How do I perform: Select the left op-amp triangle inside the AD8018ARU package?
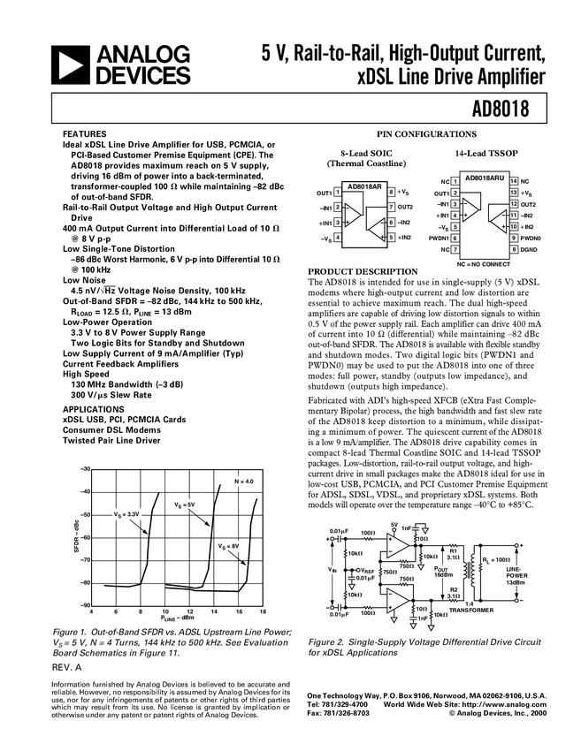[x=469, y=209]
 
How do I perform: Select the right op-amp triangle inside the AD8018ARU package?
[x=501, y=220]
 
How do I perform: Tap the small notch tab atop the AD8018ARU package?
[x=475, y=167]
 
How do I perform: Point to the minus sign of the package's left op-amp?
[x=465, y=204]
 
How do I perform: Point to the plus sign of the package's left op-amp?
[x=465, y=215]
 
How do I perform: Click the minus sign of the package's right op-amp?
[x=504, y=215]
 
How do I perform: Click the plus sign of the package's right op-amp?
[x=504, y=226]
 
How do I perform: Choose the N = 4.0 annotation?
[x=243, y=482]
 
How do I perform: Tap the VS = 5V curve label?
[x=184, y=505]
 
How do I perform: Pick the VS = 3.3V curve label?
[x=126, y=513]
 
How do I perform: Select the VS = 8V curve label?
[x=229, y=548]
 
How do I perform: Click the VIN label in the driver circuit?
[x=332, y=570]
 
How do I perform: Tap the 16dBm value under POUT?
[x=442, y=575]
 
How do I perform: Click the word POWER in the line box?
[x=516, y=575]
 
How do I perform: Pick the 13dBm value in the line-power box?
[x=516, y=582]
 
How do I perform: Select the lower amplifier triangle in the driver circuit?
[x=397, y=600]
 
